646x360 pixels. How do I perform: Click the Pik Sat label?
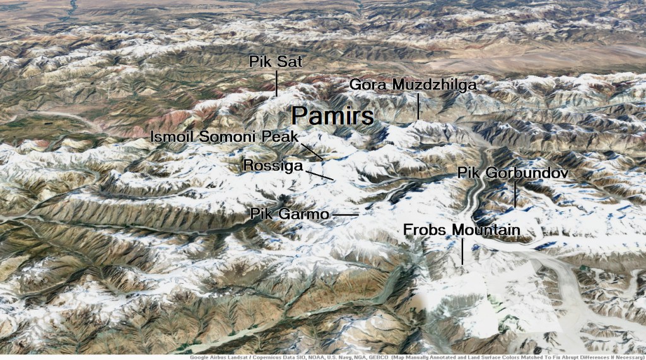point(276,62)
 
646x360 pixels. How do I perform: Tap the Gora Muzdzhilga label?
point(413,84)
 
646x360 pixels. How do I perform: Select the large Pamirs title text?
point(333,115)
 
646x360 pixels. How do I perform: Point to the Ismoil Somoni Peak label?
point(224,137)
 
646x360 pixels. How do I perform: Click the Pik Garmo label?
point(290,214)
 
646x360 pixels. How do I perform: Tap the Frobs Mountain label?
point(462,230)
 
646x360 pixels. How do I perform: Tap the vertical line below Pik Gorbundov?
point(515,194)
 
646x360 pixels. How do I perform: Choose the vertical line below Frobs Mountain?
point(462,252)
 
